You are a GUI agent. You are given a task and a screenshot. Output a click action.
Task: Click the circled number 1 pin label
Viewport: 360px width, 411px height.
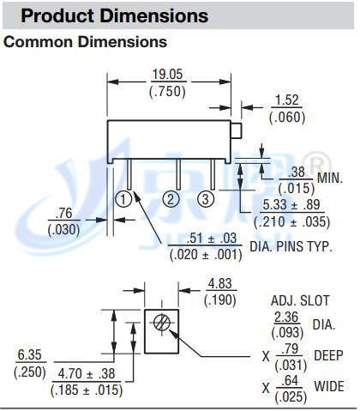coord(123,199)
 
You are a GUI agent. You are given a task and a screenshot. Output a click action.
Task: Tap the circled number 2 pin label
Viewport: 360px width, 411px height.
coord(171,199)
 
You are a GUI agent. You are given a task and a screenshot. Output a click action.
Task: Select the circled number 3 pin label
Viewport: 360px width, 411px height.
coord(206,199)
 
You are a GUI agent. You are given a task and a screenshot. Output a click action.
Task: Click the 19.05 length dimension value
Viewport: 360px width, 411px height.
coord(167,75)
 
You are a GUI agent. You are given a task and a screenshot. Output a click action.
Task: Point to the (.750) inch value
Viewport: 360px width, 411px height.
coord(167,92)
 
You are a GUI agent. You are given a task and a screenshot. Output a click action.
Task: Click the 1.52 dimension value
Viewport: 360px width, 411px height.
coord(287,100)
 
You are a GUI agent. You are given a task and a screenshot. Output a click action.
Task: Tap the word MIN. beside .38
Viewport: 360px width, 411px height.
coord(330,178)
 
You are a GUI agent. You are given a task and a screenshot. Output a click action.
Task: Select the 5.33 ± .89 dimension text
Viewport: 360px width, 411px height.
coord(291,205)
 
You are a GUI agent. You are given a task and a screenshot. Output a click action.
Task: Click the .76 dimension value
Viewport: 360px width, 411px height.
coord(63,214)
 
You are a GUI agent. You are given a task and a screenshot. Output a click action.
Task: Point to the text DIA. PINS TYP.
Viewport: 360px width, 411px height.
coord(291,247)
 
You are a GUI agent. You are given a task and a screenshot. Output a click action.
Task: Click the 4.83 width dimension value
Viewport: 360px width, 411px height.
coord(220,284)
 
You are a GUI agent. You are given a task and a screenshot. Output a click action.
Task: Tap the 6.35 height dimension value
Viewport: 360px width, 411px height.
coord(30,355)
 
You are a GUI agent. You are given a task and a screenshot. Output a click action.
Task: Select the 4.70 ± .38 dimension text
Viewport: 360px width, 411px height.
coord(87,373)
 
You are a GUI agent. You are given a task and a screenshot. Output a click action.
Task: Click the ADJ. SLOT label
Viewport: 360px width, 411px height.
coord(300,300)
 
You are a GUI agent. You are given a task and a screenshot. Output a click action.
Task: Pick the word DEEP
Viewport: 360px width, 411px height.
coord(328,355)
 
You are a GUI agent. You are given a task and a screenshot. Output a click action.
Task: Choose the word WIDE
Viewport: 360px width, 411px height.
coord(329,386)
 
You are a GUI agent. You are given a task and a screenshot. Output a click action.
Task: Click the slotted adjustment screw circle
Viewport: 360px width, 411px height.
coord(162,322)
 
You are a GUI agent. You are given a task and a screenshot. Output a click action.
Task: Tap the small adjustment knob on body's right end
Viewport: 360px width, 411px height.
coord(237,130)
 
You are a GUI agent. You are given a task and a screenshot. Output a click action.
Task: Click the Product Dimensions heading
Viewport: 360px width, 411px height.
coord(115,15)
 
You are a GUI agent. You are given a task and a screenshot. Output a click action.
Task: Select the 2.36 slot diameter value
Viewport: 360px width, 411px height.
coord(286,317)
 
